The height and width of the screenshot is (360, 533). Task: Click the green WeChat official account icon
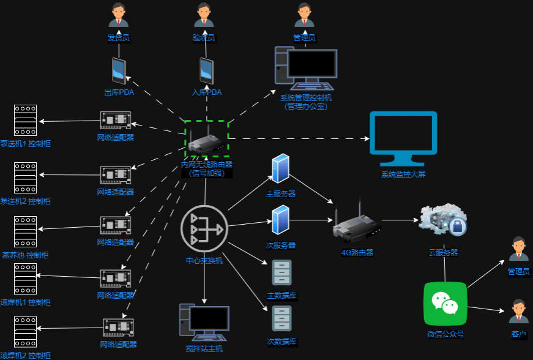click(x=445, y=304)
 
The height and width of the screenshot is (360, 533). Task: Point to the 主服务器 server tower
click(x=280, y=169)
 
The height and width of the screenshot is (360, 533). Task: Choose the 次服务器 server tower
click(x=280, y=220)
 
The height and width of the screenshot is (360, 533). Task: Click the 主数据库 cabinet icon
click(x=281, y=273)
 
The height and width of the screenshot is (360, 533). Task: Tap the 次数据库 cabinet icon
click(x=281, y=318)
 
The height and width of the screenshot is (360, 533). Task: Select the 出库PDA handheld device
click(x=119, y=71)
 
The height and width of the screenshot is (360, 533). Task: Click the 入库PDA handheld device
click(x=206, y=71)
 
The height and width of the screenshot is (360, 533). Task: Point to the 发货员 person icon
click(x=118, y=15)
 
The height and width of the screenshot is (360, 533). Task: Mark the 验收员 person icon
click(x=204, y=15)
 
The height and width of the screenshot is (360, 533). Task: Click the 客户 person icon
click(x=518, y=311)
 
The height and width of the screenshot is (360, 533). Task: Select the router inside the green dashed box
click(x=206, y=141)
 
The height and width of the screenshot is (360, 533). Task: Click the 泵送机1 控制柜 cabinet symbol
click(x=26, y=121)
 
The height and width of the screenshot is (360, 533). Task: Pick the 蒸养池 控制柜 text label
click(x=26, y=255)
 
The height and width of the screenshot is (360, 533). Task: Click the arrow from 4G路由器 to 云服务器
click(x=398, y=220)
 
